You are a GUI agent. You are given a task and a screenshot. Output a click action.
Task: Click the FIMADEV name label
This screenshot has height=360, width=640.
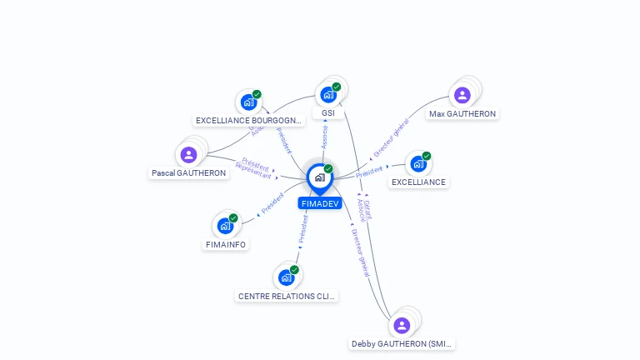click(321, 203)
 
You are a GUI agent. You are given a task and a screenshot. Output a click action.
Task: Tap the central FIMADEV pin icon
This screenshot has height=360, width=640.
click(319, 177)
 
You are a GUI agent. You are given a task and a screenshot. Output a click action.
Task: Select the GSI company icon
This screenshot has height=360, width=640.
click(328, 94)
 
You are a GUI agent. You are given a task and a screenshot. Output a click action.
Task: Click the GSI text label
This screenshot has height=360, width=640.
click(328, 113)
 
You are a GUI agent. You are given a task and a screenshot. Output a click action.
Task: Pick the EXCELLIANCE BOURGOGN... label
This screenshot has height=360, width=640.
click(249, 120)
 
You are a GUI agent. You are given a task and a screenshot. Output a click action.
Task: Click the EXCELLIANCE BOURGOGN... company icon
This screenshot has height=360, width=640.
click(248, 102)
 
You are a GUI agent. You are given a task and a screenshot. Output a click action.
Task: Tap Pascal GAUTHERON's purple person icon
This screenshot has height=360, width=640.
click(188, 154)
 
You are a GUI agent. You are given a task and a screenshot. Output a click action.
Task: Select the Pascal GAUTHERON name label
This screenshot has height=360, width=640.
click(188, 173)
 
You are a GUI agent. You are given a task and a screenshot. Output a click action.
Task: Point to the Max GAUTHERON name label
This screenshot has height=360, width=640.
click(462, 113)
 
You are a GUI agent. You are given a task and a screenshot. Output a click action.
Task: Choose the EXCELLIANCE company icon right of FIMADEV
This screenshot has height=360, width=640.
click(418, 163)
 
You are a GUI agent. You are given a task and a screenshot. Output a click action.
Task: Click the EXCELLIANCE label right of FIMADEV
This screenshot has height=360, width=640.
click(418, 182)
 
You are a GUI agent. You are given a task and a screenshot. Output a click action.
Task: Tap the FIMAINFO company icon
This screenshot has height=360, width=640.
click(225, 225)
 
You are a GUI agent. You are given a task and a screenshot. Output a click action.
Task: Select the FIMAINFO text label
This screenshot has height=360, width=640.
click(226, 244)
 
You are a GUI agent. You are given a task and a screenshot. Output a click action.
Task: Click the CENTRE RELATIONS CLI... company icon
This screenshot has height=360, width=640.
click(287, 277)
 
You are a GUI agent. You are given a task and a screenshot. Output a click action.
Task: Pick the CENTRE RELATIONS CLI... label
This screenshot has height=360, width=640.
click(287, 296)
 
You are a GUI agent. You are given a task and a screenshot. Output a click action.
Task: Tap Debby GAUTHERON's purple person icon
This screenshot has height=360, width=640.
click(402, 325)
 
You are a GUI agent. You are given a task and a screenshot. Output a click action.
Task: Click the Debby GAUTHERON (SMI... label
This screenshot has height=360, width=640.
click(402, 343)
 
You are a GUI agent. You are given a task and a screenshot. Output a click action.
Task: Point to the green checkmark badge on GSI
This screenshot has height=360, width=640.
click(337, 87)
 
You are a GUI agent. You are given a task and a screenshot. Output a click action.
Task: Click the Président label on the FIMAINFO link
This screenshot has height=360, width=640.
click(272, 203)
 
